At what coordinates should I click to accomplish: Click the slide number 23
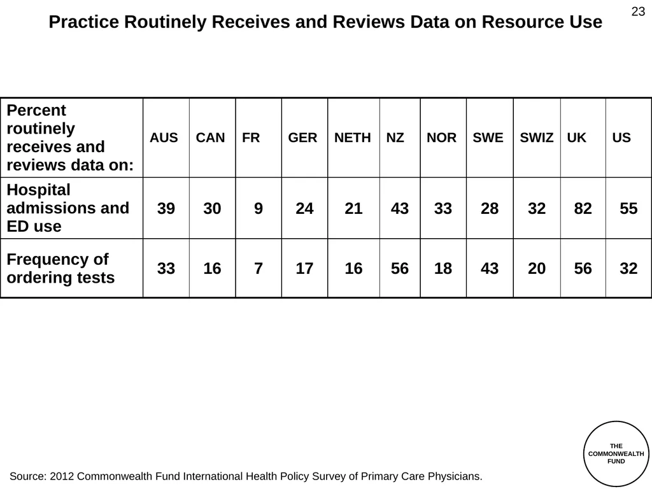coord(638,11)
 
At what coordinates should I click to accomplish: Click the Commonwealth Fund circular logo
coord(616,453)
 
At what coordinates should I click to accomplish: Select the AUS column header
coord(164,138)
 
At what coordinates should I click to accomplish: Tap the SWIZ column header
coord(536,138)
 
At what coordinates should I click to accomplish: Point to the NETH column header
coord(352,138)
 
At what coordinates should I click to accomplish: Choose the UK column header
coord(576,138)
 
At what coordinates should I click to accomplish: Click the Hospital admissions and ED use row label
coord(67,208)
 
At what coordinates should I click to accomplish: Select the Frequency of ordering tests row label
coord(60,268)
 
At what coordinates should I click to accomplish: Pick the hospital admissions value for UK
coord(583,208)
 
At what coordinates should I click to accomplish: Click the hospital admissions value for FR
coord(259,208)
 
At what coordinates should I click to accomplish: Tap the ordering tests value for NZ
coord(400,268)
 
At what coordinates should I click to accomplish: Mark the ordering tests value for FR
coord(259,268)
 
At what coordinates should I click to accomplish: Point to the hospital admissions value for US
coord(628,208)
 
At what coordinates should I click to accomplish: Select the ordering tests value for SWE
coord(490,268)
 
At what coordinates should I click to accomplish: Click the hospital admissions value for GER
coord(304,208)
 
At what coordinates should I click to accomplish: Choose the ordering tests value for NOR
coord(443,268)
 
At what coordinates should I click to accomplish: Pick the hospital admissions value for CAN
coord(212,208)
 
